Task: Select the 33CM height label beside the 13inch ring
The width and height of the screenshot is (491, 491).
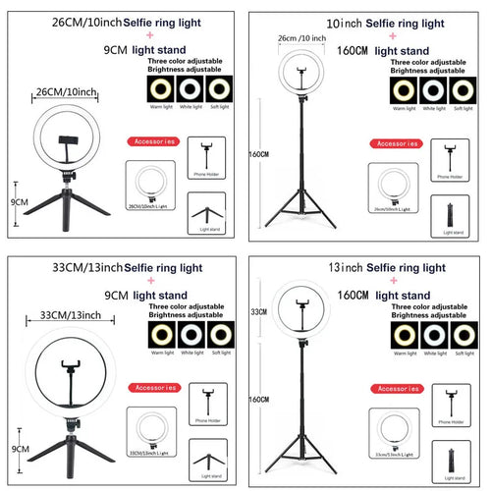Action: [259, 311]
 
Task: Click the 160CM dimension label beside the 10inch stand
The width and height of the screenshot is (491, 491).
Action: [258, 154]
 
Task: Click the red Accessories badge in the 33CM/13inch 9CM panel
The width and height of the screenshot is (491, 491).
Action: [152, 386]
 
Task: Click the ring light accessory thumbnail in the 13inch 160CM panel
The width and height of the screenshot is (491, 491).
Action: [396, 425]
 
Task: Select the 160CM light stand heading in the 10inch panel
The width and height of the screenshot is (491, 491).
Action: [383, 50]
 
